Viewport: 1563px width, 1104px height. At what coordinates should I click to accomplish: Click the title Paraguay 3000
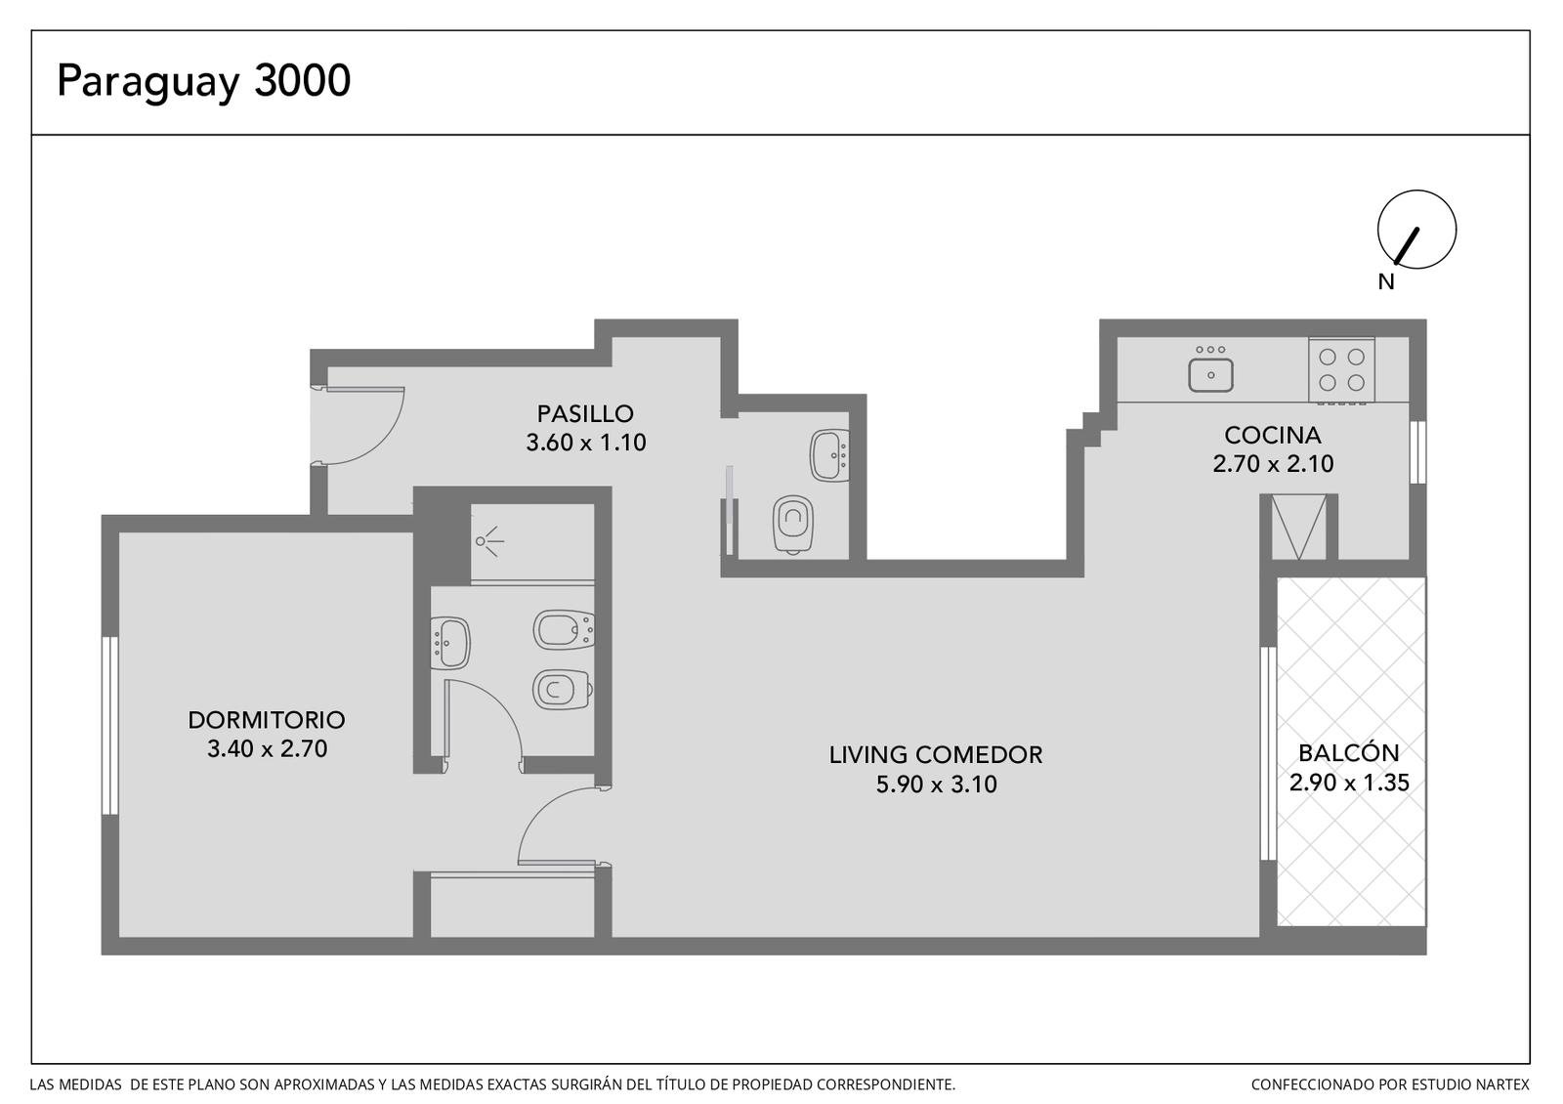click(x=203, y=82)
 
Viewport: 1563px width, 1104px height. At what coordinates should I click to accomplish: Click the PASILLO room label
click(x=585, y=414)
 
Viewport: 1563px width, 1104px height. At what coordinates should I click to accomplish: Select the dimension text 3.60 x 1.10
click(x=585, y=443)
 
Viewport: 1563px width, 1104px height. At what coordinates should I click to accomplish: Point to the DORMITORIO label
click(x=267, y=720)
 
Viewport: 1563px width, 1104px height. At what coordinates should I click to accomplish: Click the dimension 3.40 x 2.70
click(x=268, y=748)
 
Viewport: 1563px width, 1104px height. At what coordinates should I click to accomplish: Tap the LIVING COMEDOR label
click(x=936, y=755)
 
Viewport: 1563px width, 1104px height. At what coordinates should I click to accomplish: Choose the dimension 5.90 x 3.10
click(x=937, y=785)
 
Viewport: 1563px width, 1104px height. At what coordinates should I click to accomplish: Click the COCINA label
click(x=1273, y=436)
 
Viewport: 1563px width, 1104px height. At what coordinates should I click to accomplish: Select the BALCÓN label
click(x=1349, y=752)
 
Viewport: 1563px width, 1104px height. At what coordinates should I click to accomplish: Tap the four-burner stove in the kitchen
click(x=1341, y=370)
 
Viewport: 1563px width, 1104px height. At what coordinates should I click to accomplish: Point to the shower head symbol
click(x=488, y=541)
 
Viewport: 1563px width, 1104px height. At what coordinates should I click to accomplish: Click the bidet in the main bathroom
click(x=564, y=630)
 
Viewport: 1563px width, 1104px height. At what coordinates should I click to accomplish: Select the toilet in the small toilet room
click(x=792, y=525)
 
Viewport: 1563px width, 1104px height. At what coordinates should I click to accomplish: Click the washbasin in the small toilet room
click(x=829, y=455)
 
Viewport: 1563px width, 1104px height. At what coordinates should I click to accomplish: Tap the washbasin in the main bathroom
click(x=450, y=643)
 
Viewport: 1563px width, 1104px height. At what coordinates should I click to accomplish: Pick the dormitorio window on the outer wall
click(x=110, y=726)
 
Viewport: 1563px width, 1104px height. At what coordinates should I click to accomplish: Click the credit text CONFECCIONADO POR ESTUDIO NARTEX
click(x=1390, y=1084)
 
